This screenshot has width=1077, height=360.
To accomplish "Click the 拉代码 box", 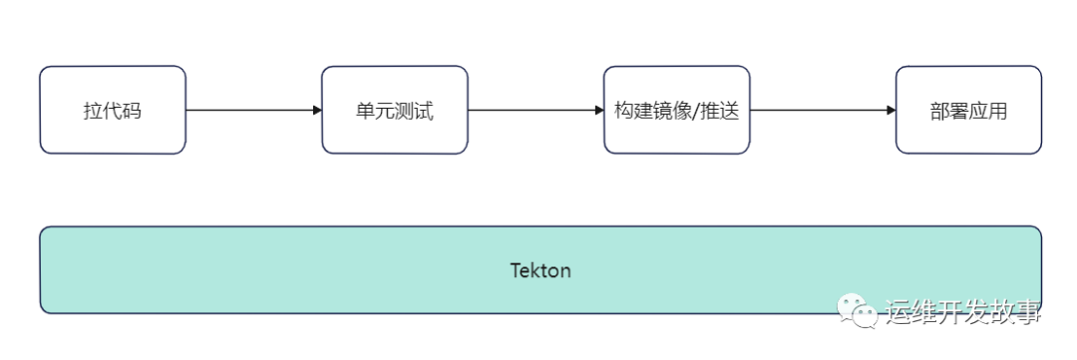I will (x=113, y=110).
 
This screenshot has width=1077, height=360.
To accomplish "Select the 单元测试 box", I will (x=395, y=110).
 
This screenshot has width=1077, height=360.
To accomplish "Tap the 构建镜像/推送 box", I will (x=676, y=110).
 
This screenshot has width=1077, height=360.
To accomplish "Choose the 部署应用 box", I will (x=967, y=110).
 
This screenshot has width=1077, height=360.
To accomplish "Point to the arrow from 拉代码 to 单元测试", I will (x=253, y=110).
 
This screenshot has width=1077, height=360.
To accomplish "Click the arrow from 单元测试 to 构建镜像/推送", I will (x=536, y=110).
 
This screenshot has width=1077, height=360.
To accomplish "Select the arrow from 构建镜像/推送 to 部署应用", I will (x=822, y=110).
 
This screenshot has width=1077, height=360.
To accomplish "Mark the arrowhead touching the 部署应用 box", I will (x=891, y=110).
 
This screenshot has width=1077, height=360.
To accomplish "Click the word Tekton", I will (x=540, y=270).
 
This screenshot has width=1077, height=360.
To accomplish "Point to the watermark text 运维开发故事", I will (x=963, y=313).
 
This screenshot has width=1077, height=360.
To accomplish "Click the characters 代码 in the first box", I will (x=122, y=111).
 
